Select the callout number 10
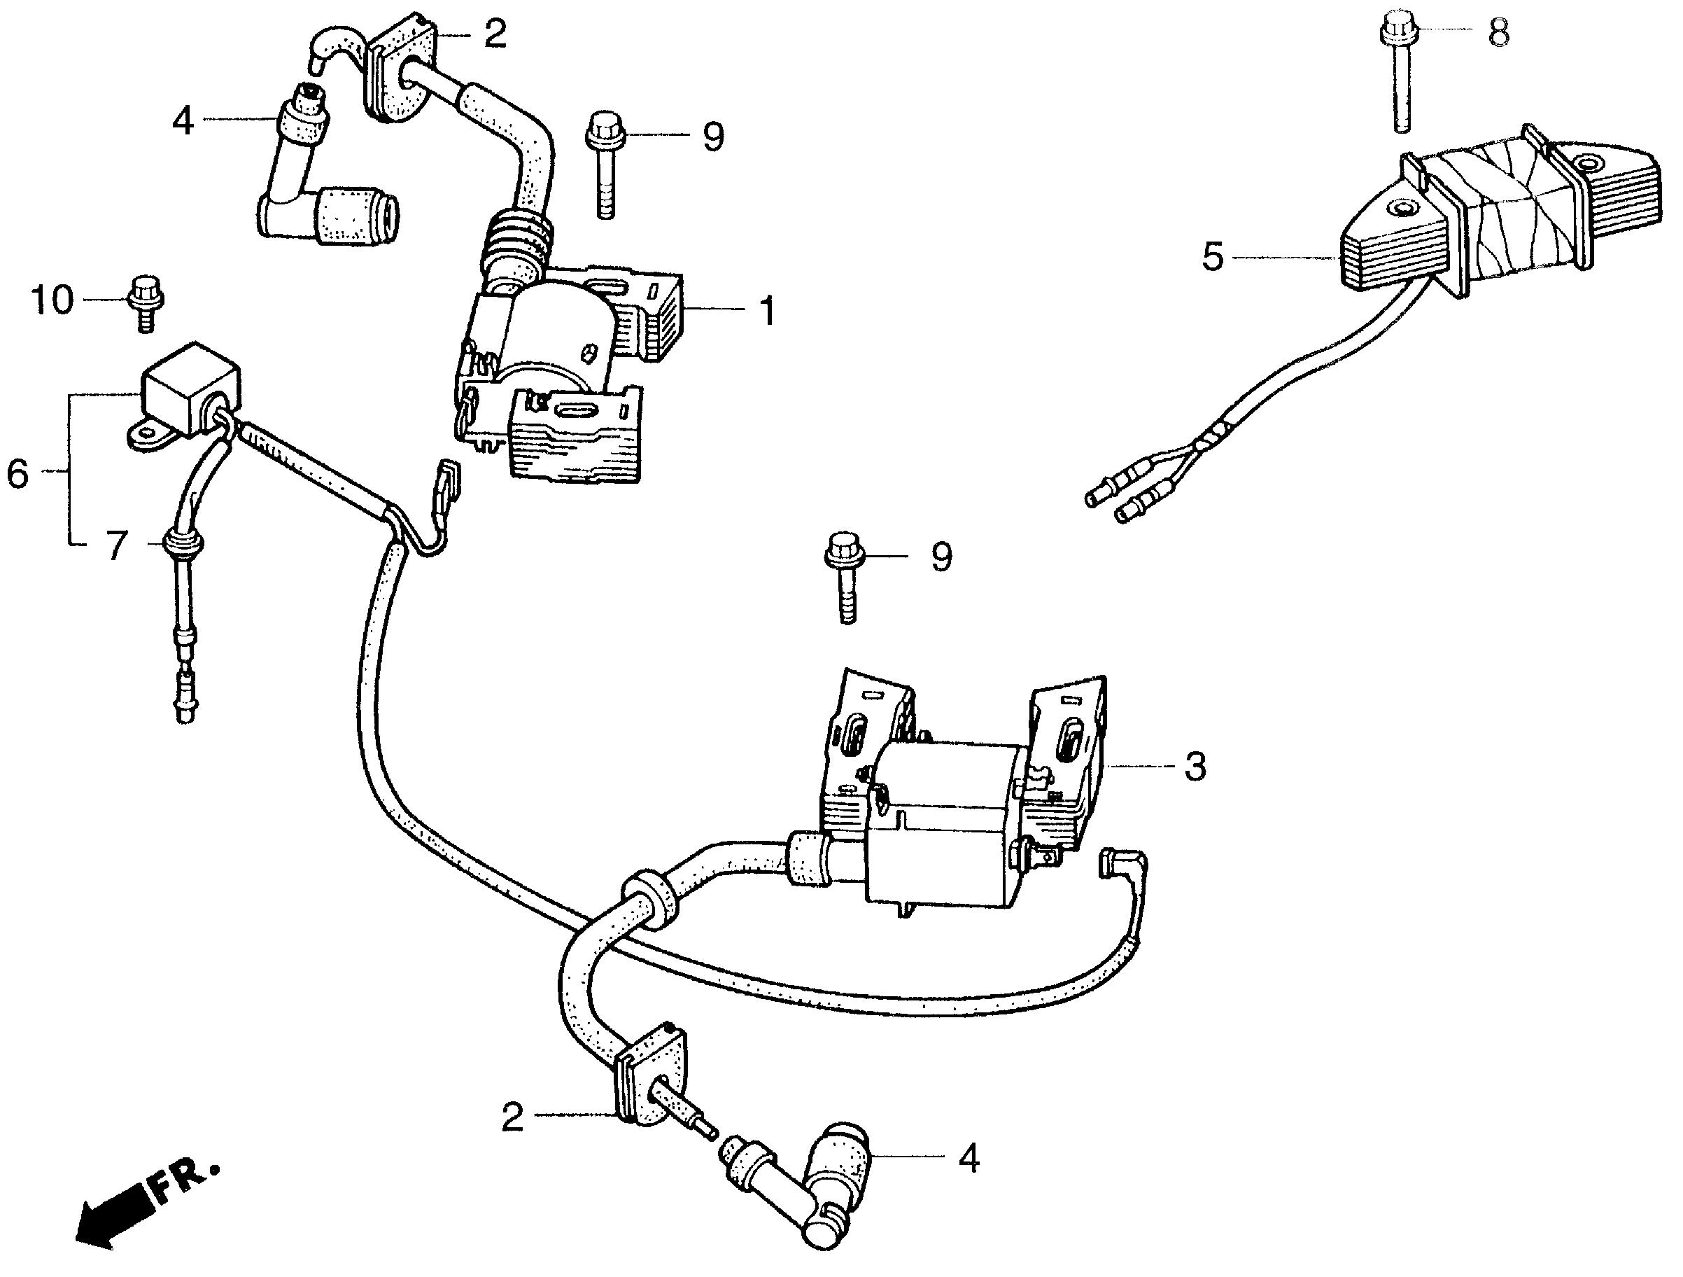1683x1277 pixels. pyautogui.click(x=52, y=300)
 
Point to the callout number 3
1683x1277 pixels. pyautogui.click(x=1195, y=767)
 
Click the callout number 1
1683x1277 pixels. pyautogui.click(x=768, y=310)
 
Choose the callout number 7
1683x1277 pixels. pyautogui.click(x=115, y=545)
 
